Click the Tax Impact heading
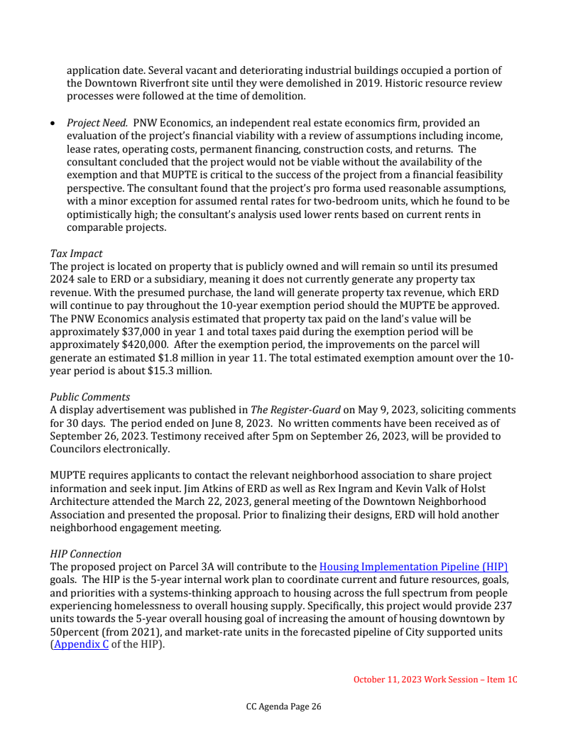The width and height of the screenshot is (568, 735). [76, 254]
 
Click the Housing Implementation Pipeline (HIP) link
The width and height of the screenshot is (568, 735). [413, 567]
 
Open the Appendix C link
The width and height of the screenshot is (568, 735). [82, 646]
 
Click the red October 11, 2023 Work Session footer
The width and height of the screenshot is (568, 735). [435, 680]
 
